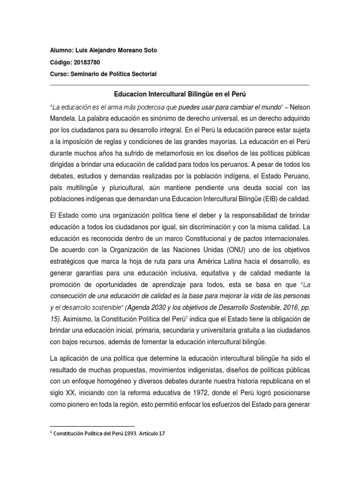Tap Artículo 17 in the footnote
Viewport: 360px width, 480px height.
(153, 434)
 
